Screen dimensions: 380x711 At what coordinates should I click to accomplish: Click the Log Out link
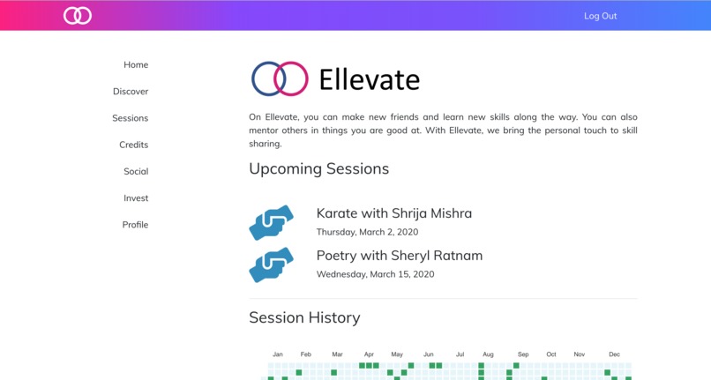click(x=600, y=16)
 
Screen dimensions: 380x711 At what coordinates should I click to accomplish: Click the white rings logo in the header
click(x=78, y=16)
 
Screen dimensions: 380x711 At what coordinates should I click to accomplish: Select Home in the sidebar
click(x=136, y=65)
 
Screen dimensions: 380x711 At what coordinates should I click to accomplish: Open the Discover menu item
click(x=131, y=92)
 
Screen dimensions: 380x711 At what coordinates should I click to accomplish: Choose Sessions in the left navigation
click(x=131, y=118)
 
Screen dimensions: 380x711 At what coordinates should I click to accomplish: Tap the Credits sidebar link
click(x=134, y=145)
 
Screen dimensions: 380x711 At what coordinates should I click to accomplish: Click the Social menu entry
click(x=136, y=172)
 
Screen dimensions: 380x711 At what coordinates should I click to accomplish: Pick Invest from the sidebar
click(x=136, y=198)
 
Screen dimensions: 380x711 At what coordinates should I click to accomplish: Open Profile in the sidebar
click(x=135, y=225)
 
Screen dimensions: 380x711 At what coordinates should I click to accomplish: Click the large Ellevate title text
click(x=369, y=80)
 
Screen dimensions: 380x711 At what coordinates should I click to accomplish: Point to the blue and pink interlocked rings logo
click(x=280, y=78)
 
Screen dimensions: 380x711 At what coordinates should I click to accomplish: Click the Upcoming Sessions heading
click(x=318, y=168)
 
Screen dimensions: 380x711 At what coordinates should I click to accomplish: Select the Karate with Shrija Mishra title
click(x=393, y=213)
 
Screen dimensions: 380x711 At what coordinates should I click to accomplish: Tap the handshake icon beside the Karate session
click(x=271, y=223)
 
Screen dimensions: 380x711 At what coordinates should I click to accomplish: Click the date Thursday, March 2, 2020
click(x=367, y=233)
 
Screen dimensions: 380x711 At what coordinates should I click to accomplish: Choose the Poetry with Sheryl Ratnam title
click(x=399, y=256)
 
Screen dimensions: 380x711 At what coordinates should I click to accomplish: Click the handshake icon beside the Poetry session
click(x=271, y=265)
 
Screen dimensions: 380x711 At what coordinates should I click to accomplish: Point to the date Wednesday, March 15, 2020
click(x=375, y=274)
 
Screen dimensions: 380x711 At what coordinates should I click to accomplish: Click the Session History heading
click(x=304, y=317)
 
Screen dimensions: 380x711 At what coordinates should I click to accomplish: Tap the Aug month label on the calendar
click(x=488, y=354)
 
